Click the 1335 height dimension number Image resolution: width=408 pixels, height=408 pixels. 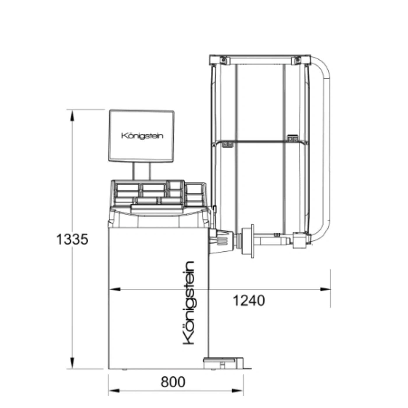(x=72, y=240)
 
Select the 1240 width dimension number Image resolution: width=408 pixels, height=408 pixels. (x=249, y=300)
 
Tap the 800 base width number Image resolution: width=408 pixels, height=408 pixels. (x=173, y=382)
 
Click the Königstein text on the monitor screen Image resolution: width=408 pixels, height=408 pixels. (x=142, y=136)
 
